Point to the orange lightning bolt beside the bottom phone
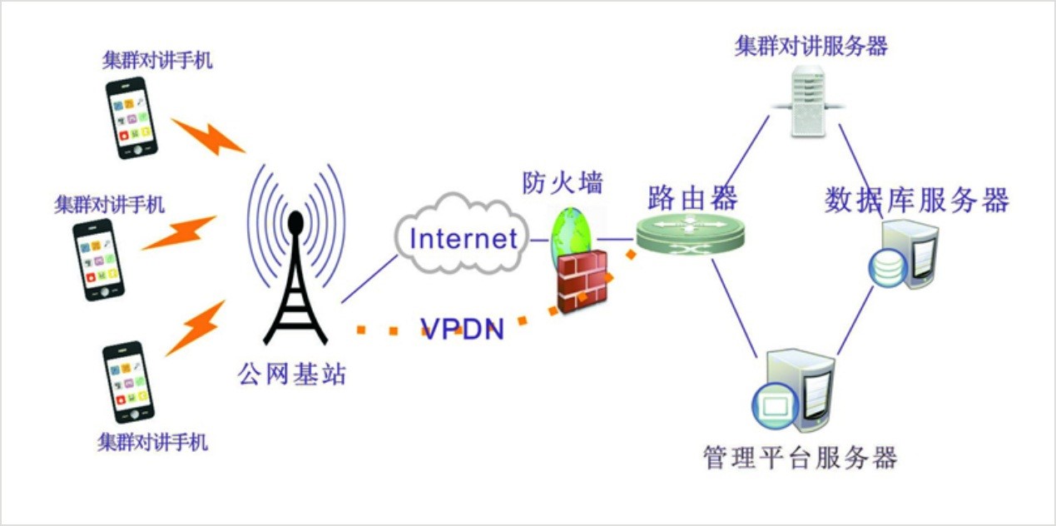coord(196,328)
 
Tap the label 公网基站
coord(291,375)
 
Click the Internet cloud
coord(463,237)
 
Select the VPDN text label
coord(463,329)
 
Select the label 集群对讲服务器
coord(811,45)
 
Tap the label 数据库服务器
coord(916,201)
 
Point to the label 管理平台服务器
coord(800,458)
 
